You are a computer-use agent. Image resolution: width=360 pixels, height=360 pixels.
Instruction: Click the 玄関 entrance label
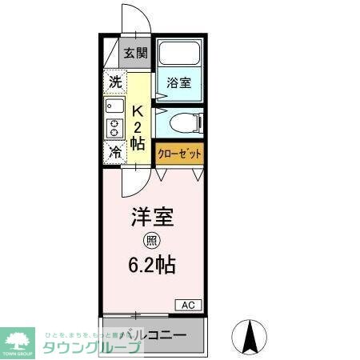click(x=136, y=54)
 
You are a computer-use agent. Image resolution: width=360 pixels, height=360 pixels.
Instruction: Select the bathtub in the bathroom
click(x=179, y=54)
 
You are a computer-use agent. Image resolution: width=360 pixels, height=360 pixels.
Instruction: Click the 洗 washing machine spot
click(x=115, y=81)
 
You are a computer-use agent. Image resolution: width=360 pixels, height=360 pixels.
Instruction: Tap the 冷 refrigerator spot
click(x=115, y=151)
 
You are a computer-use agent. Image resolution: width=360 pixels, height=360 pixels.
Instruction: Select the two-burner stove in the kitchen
click(x=113, y=127)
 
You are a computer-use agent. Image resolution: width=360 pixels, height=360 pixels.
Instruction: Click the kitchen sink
click(x=113, y=105)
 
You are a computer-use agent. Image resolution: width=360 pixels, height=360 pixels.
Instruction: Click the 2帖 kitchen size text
click(x=138, y=136)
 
